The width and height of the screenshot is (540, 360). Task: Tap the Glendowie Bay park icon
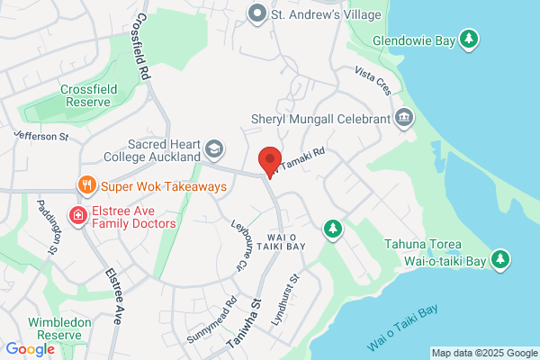[x=468, y=39]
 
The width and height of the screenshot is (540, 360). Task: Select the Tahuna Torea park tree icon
[x=501, y=261]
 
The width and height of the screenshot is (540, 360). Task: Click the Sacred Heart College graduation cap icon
[x=213, y=148]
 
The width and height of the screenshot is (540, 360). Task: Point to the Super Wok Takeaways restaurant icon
[x=86, y=186]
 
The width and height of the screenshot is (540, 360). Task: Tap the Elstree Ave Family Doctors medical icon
[x=78, y=216]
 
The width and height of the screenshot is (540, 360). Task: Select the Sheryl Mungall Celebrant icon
[x=404, y=118]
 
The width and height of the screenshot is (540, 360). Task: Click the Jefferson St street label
[x=40, y=135]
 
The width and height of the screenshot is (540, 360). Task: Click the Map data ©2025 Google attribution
[x=483, y=352]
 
